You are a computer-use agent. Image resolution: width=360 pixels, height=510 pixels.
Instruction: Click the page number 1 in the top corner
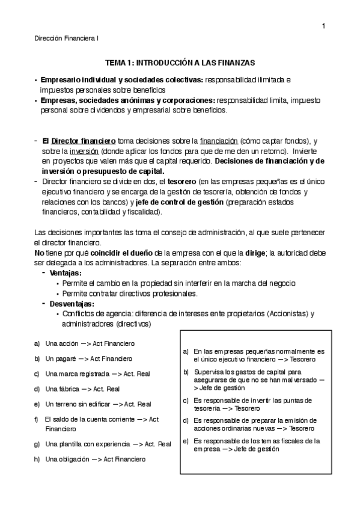click(323, 25)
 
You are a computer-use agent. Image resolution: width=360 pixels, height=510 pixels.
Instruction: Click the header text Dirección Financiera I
click(67, 38)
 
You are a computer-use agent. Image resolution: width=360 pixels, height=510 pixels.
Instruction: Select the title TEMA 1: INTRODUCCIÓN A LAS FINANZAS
click(180, 63)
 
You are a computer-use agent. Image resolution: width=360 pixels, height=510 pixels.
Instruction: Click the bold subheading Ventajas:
click(66, 273)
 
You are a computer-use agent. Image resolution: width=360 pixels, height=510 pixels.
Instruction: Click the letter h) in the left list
click(37, 459)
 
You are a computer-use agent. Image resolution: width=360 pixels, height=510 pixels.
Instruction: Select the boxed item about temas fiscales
click(255, 444)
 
